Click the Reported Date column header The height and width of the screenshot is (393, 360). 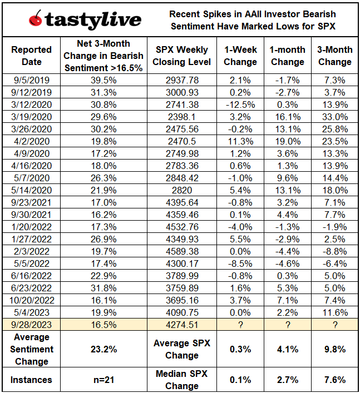[32, 56]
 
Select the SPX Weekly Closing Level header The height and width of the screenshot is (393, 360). [182, 56]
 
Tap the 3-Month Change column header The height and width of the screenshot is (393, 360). [335, 56]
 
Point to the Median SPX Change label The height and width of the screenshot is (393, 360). [182, 380]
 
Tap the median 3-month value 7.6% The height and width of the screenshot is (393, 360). [335, 380]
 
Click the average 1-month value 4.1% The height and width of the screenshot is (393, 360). [288, 349]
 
